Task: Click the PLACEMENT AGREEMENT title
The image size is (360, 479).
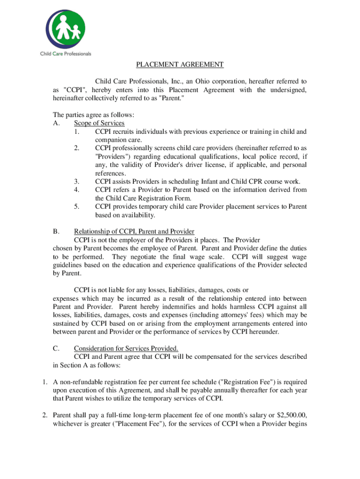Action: pos(180,65)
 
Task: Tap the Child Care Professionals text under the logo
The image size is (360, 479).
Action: pos(65,54)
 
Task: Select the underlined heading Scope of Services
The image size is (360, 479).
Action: pos(99,123)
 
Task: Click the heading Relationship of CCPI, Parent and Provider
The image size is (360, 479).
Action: pos(134,232)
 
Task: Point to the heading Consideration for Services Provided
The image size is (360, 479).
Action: pos(126,348)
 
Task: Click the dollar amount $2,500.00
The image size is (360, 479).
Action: pos(291,415)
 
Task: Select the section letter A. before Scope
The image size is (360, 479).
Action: pos(57,123)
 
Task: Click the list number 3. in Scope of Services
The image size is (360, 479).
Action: pos(76,181)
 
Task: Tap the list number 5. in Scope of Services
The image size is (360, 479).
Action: pos(76,206)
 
